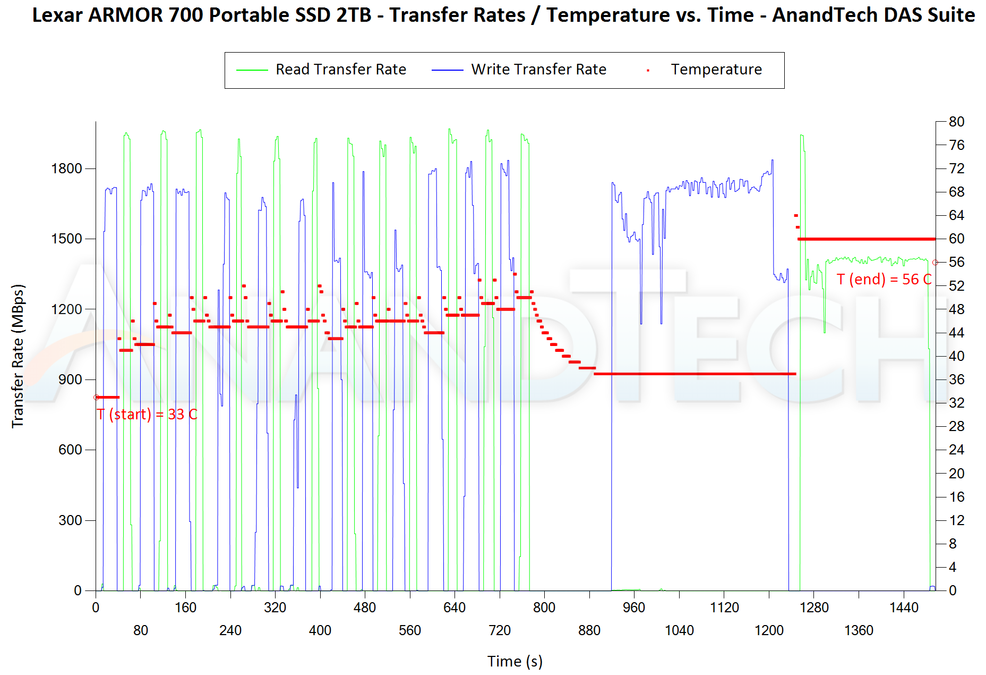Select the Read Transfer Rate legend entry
[340, 70]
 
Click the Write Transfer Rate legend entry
[538, 70]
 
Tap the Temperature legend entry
[716, 70]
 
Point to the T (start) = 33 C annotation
[147, 415]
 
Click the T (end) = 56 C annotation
[884, 280]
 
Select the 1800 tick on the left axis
[66, 168]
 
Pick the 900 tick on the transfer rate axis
[70, 379]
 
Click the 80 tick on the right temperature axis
[956, 122]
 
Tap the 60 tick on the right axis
[956, 239]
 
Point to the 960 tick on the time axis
[634, 608]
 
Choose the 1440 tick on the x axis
[904, 608]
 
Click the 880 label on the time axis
[589, 630]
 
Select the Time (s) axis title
[515, 661]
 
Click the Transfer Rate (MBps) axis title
[18, 356]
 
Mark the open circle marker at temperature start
[96, 398]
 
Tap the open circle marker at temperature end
[935, 262]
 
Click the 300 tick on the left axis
[70, 520]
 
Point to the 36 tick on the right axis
[956, 379]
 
